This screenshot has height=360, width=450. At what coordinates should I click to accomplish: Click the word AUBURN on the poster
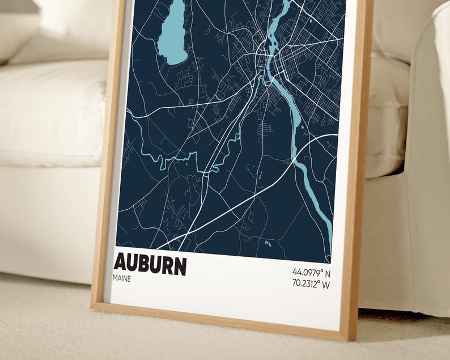click(150, 265)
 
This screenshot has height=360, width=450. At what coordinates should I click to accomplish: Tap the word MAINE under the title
click(122, 279)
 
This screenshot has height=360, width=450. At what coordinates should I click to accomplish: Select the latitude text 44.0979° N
click(311, 272)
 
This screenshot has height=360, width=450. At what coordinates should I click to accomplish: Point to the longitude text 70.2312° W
click(311, 285)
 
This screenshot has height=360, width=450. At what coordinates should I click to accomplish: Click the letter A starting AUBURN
click(121, 265)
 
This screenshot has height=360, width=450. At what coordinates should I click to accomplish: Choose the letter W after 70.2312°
click(326, 285)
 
